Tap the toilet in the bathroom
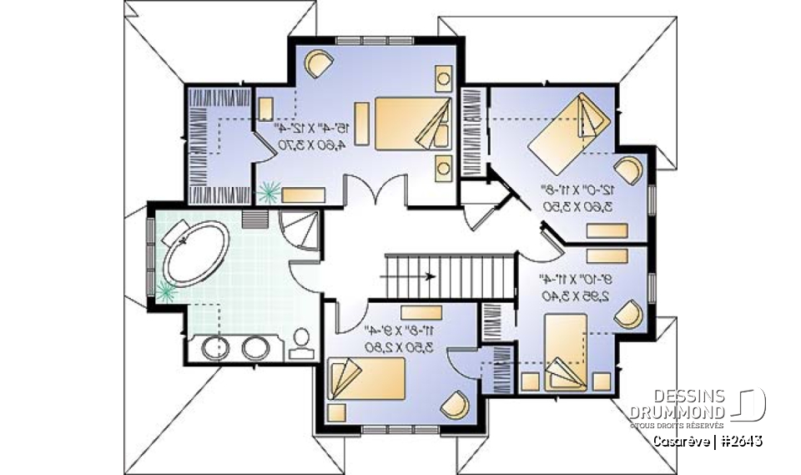(300, 341)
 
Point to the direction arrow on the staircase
(429, 276)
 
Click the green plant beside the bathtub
(165, 291)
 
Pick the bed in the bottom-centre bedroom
(366, 376)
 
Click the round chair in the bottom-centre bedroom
(455, 407)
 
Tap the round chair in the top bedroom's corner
(318, 63)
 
